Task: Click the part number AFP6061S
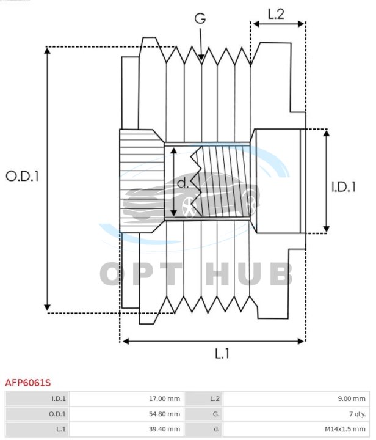(x=28, y=382)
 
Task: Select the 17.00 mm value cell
(x=127, y=398)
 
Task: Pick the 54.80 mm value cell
(x=127, y=414)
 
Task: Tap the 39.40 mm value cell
(x=127, y=430)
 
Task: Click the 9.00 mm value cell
(x=297, y=398)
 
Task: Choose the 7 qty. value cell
(x=297, y=414)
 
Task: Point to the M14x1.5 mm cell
(x=297, y=430)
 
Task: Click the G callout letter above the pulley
(x=200, y=19)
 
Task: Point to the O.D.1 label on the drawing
(x=22, y=176)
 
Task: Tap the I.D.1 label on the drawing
(x=344, y=187)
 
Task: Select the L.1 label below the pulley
(x=222, y=354)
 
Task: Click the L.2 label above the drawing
(x=277, y=14)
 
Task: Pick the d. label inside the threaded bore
(x=183, y=183)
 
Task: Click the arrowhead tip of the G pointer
(x=201, y=61)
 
